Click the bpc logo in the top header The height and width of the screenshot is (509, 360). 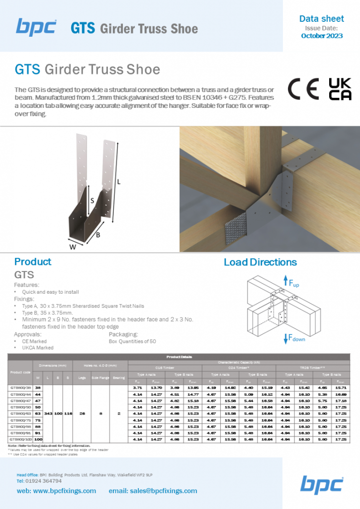(x=36, y=27)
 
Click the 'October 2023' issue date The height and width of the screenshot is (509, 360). (x=321, y=36)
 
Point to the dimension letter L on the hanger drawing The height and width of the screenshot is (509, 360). (x=118, y=182)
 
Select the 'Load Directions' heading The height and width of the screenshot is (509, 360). (x=260, y=262)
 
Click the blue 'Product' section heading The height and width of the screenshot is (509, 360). (x=33, y=262)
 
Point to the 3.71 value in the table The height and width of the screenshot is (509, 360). (x=138, y=387)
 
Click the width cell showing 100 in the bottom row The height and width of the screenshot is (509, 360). (x=38, y=439)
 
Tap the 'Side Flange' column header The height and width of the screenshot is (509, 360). (x=100, y=378)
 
